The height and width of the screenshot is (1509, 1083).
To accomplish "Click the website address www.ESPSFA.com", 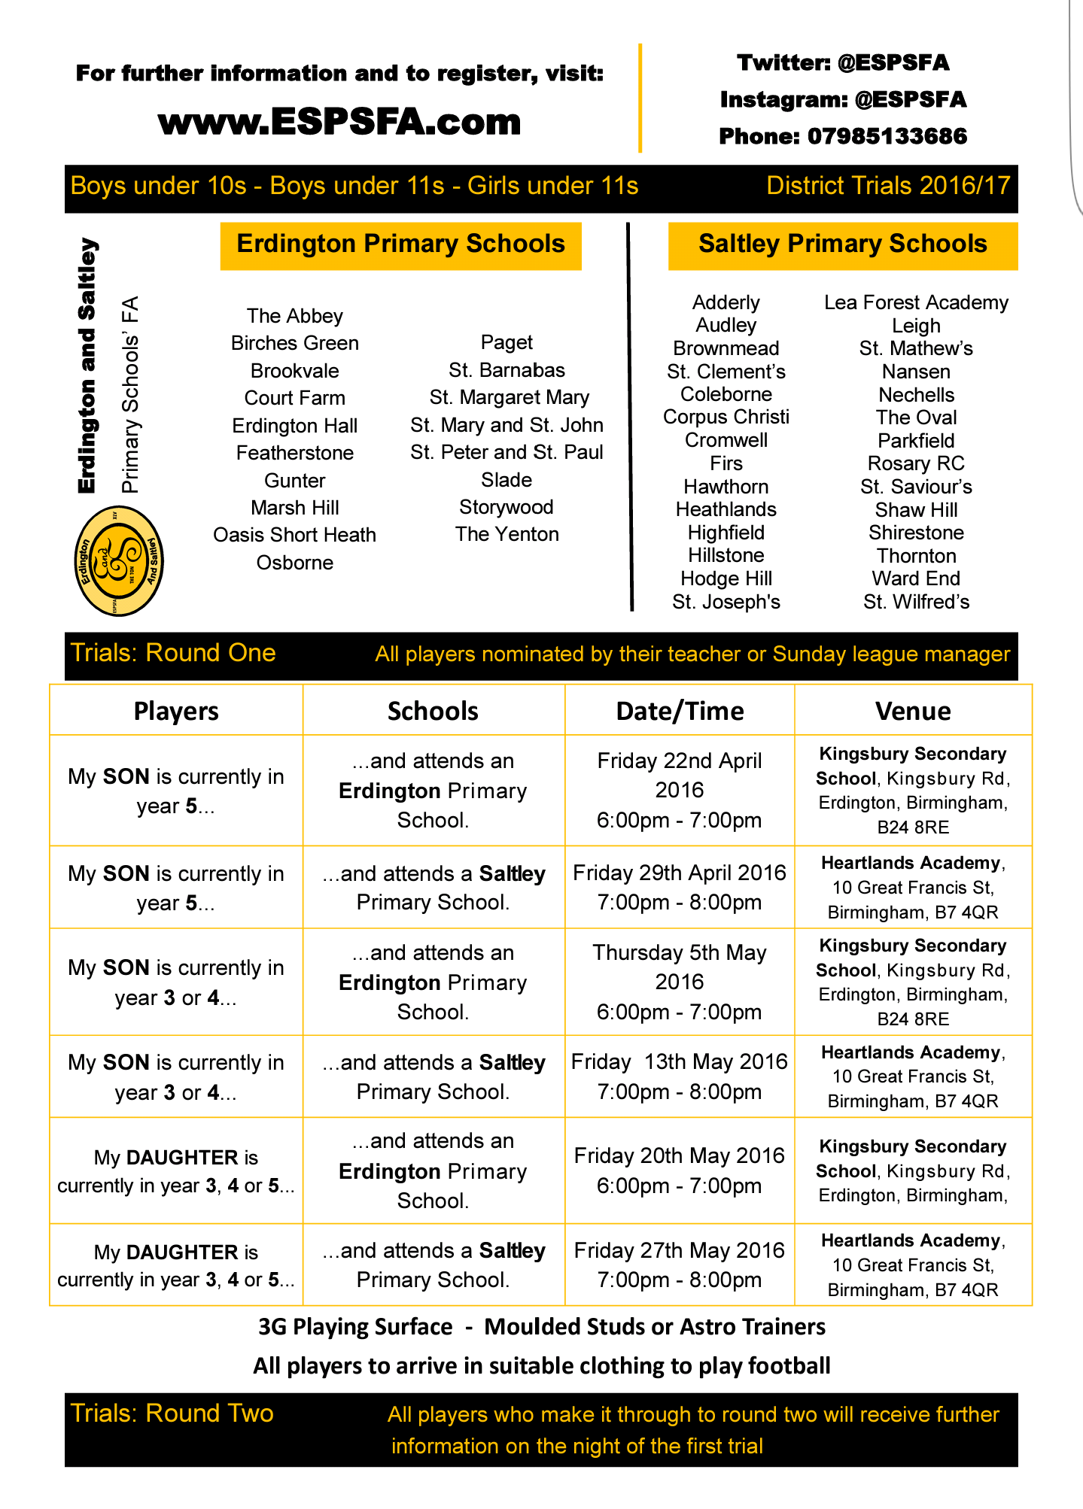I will click(339, 122).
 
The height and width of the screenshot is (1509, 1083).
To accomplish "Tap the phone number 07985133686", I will click(887, 136).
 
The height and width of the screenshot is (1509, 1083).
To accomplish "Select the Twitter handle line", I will click(843, 62).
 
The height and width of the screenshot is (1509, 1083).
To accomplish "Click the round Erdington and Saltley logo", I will click(118, 560).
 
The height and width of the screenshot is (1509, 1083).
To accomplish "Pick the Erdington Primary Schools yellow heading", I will click(400, 244).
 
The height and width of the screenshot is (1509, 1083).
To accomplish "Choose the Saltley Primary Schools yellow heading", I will click(842, 244).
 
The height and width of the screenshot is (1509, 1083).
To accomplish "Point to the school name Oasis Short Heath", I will click(294, 535).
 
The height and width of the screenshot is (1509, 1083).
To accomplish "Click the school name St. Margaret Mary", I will click(509, 397).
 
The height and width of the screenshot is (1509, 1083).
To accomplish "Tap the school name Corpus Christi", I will click(726, 417).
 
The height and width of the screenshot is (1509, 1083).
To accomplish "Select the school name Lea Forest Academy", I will click(916, 302).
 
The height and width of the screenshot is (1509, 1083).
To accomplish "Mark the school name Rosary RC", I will click(916, 463).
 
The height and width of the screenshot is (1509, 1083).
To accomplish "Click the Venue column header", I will click(913, 711).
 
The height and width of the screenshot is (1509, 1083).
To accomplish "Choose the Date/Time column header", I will click(680, 711).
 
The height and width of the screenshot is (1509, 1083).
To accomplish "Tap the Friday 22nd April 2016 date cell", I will click(680, 790).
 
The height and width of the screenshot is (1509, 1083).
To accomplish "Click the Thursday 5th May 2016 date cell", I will click(680, 982).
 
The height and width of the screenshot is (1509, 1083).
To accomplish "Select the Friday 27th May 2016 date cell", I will click(680, 1265).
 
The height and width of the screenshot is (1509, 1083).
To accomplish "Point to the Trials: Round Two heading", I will click(172, 1413).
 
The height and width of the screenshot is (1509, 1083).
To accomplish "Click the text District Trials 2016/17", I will click(888, 186).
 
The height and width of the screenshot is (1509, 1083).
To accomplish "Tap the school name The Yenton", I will click(507, 534).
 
